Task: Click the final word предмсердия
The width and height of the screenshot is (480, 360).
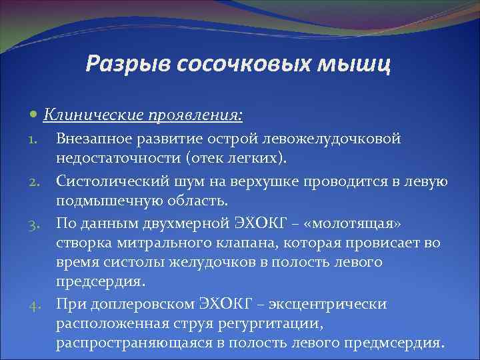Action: pos(393,345)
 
